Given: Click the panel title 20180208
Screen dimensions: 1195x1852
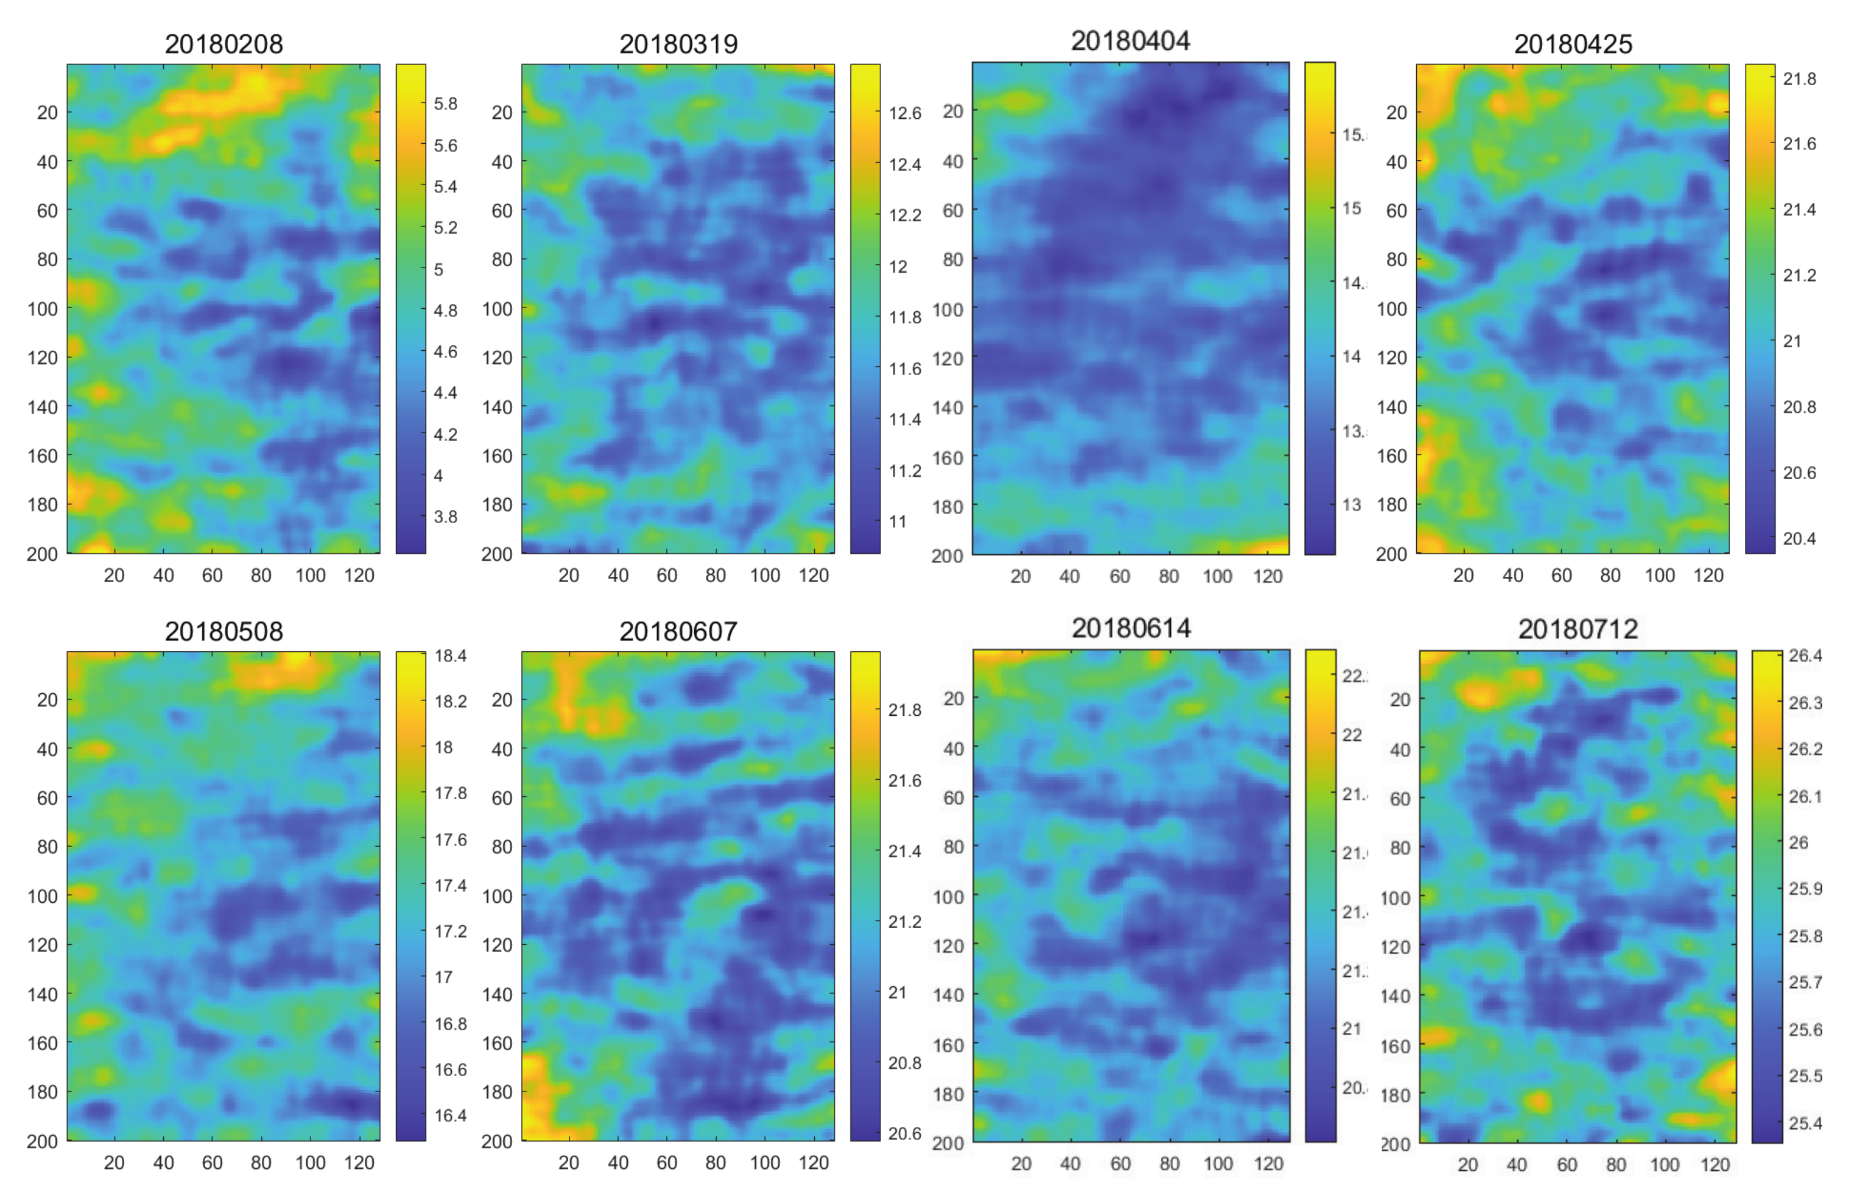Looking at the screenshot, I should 224,44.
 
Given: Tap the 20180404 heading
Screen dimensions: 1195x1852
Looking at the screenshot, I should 1130,41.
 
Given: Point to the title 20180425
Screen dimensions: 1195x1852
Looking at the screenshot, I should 1573,44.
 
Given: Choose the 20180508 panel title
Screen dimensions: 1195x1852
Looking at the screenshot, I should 224,632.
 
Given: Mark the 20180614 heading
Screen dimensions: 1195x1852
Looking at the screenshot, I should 1131,628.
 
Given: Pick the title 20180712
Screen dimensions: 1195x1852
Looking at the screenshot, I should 1578,629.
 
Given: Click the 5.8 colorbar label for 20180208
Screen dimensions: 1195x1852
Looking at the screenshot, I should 445,104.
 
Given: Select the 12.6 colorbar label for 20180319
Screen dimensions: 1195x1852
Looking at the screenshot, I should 904,114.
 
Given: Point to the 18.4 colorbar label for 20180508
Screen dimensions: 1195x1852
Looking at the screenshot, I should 451,657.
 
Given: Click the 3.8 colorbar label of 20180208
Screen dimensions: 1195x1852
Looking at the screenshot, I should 445,517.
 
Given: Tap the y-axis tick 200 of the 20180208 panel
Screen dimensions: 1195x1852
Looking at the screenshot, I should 42,554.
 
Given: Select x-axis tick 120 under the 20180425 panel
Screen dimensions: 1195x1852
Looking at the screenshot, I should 1708,576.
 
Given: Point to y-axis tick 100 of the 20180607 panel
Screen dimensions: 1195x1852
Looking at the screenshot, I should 497,896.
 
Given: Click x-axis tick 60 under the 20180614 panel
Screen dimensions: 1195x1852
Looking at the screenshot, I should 1120,1164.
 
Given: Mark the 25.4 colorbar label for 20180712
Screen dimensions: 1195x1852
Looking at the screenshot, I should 1805,1123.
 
